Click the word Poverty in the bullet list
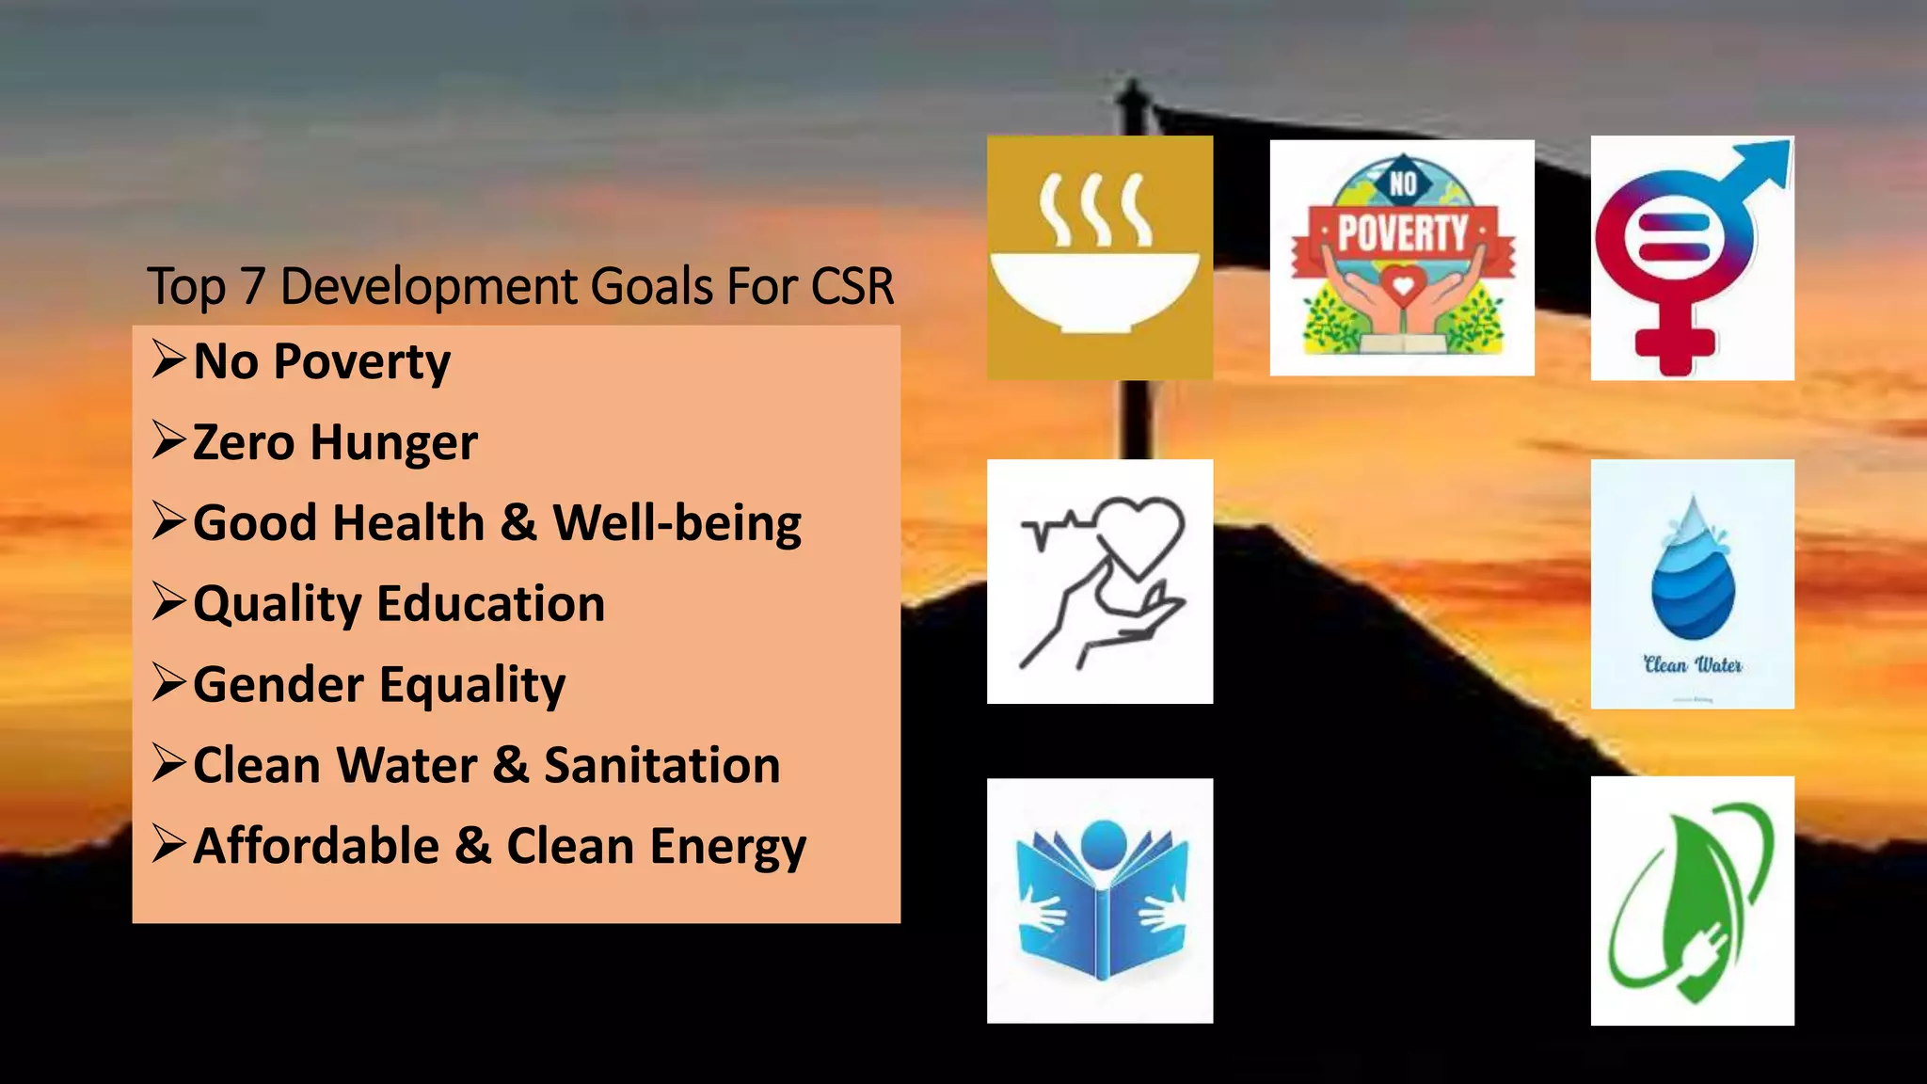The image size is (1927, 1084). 362,362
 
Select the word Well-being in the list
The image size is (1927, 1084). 677,523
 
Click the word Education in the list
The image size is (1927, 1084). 490,604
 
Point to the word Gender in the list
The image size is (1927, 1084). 278,685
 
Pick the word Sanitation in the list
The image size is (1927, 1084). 662,765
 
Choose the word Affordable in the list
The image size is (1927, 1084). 316,846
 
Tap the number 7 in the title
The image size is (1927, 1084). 252,286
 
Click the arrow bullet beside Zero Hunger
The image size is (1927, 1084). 169,440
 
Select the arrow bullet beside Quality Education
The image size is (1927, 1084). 169,602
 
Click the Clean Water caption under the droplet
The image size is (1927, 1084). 1693,665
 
